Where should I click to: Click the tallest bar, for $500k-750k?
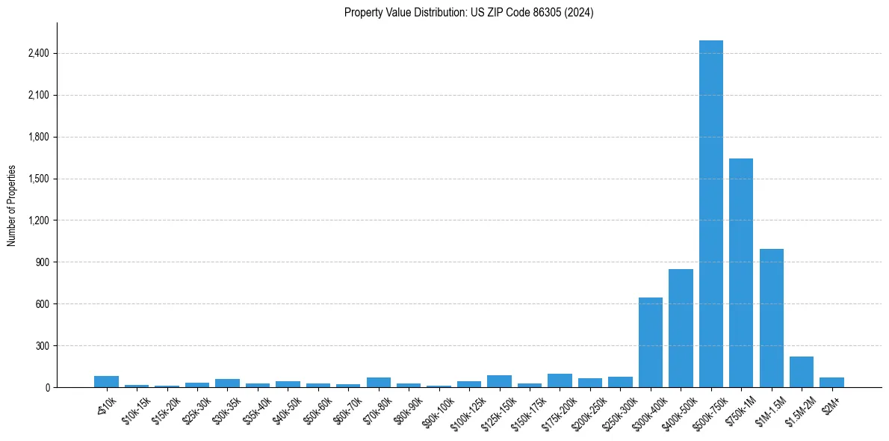(x=710, y=214)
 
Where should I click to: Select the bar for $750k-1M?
(x=741, y=273)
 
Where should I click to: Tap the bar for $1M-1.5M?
(x=771, y=318)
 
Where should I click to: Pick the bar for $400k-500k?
(x=681, y=328)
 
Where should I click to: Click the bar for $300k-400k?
(x=651, y=342)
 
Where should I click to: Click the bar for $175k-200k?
(x=560, y=380)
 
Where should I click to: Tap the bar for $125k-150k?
(x=499, y=381)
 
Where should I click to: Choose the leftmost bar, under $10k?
(x=107, y=382)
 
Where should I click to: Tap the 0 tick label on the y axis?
(x=47, y=388)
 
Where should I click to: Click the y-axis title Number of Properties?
(x=12, y=205)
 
